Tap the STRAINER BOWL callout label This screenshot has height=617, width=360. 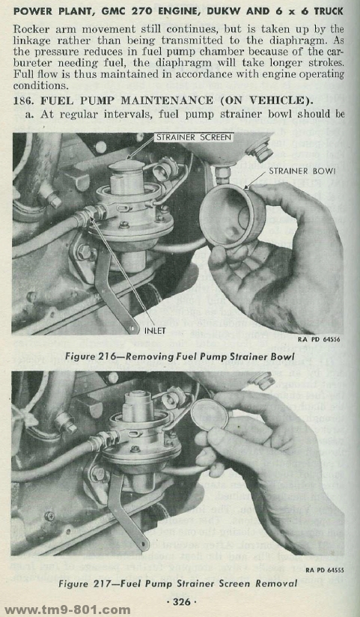coord(302,171)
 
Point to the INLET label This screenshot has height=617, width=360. coord(155,330)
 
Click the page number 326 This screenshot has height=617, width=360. coord(181,601)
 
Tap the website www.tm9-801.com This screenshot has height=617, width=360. coord(67,610)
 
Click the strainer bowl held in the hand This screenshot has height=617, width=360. coord(232,216)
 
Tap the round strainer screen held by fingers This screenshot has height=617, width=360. coord(210,414)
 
